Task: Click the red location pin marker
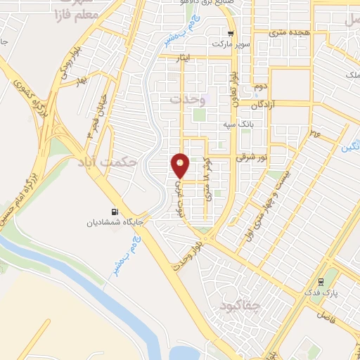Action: click(181, 165)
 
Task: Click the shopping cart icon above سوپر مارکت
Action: click(231, 33)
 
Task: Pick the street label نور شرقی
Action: click(252, 158)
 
